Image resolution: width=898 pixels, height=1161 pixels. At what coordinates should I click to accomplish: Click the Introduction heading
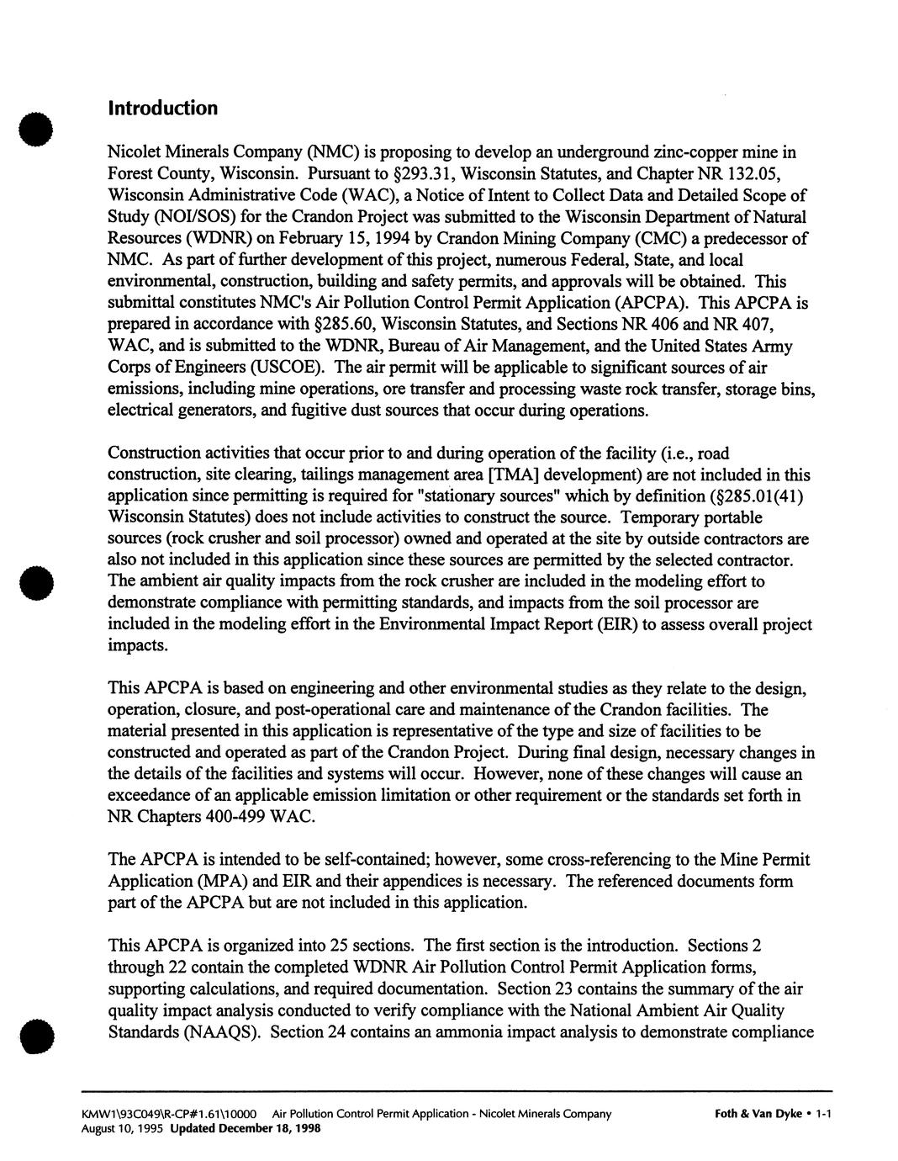(162, 109)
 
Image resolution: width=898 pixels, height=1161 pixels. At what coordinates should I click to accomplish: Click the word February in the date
(308, 239)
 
